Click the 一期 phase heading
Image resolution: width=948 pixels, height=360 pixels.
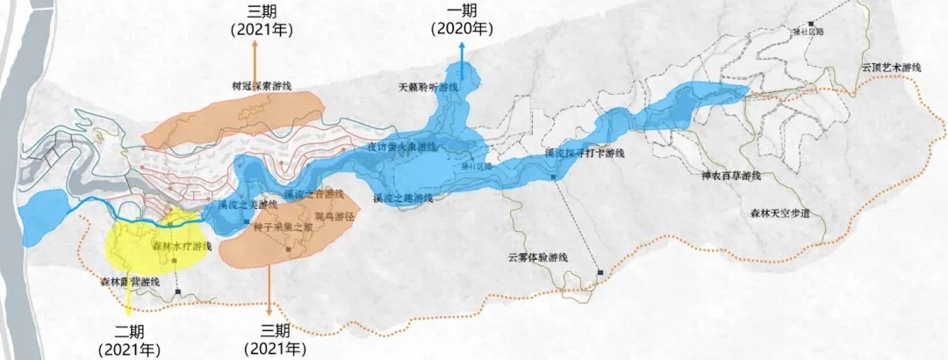click(462, 11)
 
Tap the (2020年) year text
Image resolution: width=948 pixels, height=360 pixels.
click(462, 29)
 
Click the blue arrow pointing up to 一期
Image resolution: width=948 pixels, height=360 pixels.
click(463, 61)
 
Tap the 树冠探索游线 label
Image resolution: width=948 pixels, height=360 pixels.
click(262, 86)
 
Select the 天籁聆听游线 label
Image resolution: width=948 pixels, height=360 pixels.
click(429, 88)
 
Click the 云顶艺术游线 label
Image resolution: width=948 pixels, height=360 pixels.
click(890, 68)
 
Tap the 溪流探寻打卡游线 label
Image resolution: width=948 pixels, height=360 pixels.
click(584, 153)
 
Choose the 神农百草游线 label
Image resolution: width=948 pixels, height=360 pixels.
click(730, 176)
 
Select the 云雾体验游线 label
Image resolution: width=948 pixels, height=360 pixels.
click(538, 257)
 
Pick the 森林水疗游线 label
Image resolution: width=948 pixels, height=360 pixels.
click(183, 247)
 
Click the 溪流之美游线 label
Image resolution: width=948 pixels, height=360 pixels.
click(247, 205)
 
